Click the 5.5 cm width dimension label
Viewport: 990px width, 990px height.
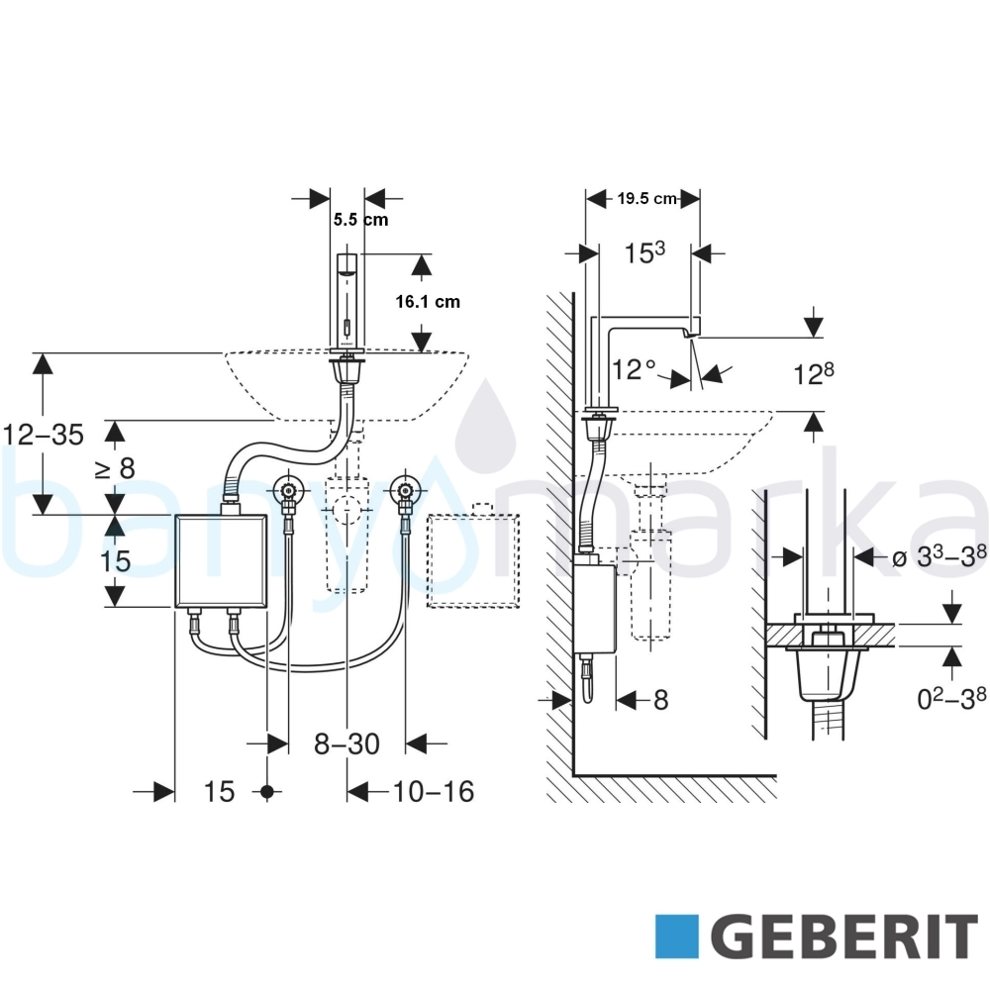coord(360,220)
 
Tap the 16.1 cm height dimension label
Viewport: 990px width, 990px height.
coord(428,302)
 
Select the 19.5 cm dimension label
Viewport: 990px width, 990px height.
coord(647,198)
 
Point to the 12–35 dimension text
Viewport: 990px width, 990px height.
coord(43,435)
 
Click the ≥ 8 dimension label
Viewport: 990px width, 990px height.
coord(115,468)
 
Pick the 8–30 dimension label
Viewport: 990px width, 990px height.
coord(346,743)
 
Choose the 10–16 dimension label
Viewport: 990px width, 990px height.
coord(434,791)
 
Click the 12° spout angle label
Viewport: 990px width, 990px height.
coord(634,369)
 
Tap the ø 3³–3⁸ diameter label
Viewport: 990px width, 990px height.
coord(939,556)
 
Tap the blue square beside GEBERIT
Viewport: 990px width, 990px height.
coord(677,937)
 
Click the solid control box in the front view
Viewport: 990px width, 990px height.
coord(221,560)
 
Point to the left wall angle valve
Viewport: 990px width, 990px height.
coord(288,490)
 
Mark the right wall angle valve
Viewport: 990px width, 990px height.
coord(405,490)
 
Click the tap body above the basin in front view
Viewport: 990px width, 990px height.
coord(346,302)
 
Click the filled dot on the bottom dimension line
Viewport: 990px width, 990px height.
coord(267,791)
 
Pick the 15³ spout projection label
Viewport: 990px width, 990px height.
coord(644,252)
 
